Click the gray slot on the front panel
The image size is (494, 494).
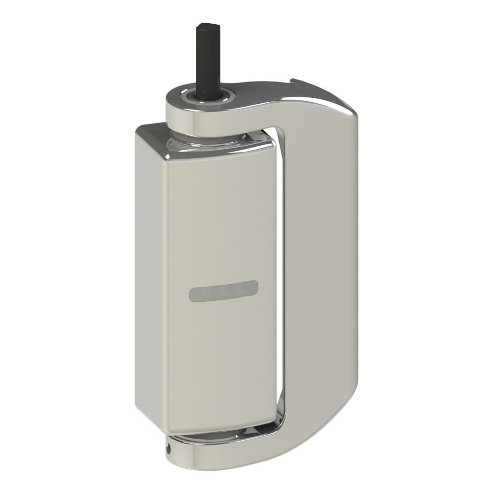pos(223,291)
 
